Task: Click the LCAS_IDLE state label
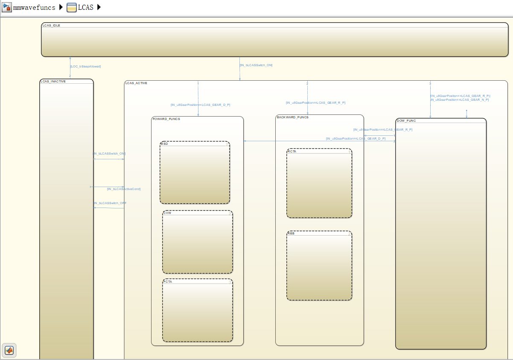(x=51, y=25)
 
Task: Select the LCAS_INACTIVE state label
(x=53, y=81)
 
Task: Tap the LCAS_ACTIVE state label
(x=136, y=83)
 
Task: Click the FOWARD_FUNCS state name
(x=166, y=119)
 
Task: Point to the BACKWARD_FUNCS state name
(x=292, y=117)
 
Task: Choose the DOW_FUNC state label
(x=406, y=120)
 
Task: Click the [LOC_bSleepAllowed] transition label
(x=85, y=67)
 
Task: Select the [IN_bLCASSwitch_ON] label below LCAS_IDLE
(x=256, y=65)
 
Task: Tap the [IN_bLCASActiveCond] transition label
(x=124, y=189)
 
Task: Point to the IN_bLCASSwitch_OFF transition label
(x=110, y=203)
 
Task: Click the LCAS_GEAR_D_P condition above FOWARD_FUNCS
(x=201, y=105)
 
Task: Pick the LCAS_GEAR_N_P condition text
(x=460, y=100)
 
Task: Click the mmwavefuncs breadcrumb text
(x=34, y=7)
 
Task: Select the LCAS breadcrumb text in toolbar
(x=86, y=7)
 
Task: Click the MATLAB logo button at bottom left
(x=9, y=351)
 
